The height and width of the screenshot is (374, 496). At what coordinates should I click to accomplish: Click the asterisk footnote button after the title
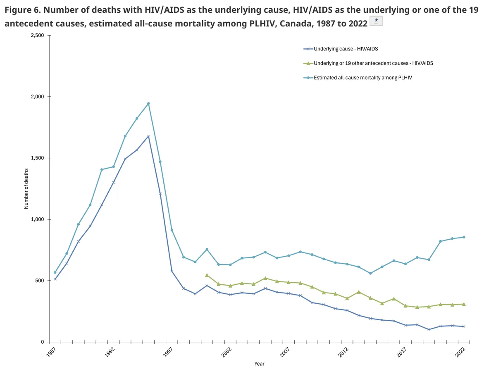(x=376, y=21)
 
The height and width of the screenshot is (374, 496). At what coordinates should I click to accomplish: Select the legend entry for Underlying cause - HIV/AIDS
(x=341, y=49)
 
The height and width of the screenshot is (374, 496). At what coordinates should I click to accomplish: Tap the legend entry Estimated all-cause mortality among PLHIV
(x=358, y=78)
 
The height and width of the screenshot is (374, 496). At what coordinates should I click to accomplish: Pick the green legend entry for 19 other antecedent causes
(x=368, y=63)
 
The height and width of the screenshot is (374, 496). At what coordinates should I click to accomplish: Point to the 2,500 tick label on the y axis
(x=37, y=36)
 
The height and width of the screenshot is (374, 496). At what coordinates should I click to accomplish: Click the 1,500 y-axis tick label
(x=37, y=158)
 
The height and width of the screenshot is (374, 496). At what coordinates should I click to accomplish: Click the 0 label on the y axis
(x=42, y=342)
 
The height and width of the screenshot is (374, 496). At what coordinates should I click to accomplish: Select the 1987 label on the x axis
(x=51, y=352)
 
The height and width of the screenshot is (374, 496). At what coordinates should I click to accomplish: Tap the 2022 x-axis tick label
(x=460, y=352)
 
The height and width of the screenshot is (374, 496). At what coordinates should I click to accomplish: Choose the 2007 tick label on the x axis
(x=285, y=352)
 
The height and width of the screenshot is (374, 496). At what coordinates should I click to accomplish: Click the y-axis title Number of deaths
(x=26, y=188)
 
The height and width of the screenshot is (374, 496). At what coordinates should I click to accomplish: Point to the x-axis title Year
(x=259, y=364)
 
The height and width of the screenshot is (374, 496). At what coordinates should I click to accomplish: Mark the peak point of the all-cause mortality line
(x=148, y=103)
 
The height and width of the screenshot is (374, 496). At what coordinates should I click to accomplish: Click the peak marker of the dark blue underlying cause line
(x=148, y=136)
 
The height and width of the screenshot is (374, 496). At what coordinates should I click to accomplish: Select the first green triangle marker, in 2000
(x=207, y=275)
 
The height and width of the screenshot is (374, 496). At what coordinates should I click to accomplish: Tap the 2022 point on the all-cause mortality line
(x=464, y=237)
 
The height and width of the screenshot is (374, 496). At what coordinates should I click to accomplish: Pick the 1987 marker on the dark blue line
(x=55, y=279)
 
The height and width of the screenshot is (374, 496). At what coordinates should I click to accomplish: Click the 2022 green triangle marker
(x=464, y=304)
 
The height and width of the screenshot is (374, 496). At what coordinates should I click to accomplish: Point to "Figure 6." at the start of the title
(x=22, y=10)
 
